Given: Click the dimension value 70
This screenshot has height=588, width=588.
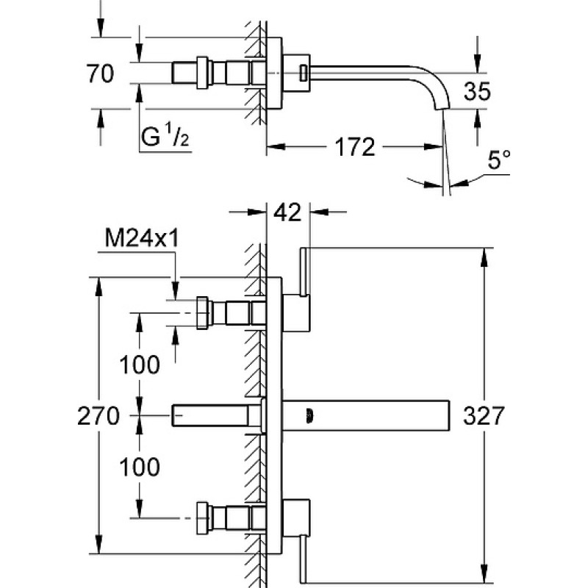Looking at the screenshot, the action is pyautogui.click(x=100, y=73).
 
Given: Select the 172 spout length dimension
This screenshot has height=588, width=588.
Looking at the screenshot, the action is pyautogui.click(x=354, y=147).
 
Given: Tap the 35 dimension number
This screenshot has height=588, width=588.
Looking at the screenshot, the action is pyautogui.click(x=477, y=91).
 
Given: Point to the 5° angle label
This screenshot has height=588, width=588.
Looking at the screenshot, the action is pyautogui.click(x=499, y=159).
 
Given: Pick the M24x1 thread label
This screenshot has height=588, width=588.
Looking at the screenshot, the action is pyautogui.click(x=142, y=238).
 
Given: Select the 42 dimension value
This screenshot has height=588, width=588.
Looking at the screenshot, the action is pyautogui.click(x=287, y=212).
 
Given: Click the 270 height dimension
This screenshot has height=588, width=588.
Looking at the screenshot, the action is pyautogui.click(x=98, y=416).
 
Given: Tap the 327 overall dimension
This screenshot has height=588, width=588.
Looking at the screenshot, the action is pyautogui.click(x=484, y=415).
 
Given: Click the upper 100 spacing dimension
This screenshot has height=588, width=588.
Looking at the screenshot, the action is pyautogui.click(x=140, y=365).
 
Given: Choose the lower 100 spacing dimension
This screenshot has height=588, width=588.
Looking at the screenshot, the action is pyautogui.click(x=140, y=467).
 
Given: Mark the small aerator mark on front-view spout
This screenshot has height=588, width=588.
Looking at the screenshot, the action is pyautogui.click(x=309, y=415).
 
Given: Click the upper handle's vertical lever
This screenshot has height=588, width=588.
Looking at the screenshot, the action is pyautogui.click(x=304, y=271).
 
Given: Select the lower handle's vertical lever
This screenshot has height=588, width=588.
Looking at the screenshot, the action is pyautogui.click(x=304, y=559).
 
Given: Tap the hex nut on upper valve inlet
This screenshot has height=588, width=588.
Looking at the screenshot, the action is pyautogui.click(x=203, y=313).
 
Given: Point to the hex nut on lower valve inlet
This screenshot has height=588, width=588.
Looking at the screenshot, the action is pyautogui.click(x=203, y=517).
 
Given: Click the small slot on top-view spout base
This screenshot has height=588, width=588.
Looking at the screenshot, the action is pyautogui.click(x=303, y=73).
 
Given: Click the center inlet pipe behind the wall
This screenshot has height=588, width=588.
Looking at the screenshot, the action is pyautogui.click(x=210, y=415).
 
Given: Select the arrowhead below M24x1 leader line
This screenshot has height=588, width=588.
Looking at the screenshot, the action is pyautogui.click(x=175, y=291).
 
